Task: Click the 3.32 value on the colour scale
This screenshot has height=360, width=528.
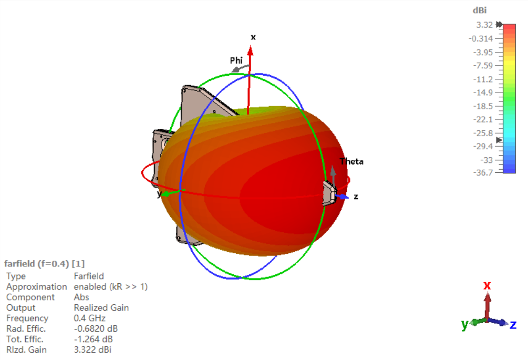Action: coord(484,25)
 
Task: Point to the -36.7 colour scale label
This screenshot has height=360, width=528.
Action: coord(483,173)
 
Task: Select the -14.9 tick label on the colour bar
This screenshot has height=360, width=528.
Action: coord(483,92)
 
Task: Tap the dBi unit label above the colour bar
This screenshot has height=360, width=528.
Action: coord(480,11)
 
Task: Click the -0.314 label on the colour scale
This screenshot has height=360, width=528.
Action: coord(481,39)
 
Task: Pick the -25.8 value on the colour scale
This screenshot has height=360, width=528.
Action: coord(483,133)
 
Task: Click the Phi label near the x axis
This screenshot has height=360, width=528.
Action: coord(236,60)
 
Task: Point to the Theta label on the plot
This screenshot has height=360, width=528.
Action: coord(351,162)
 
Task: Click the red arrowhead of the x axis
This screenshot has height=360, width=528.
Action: coord(250,51)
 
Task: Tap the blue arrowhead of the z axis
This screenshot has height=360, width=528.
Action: coord(344,197)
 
